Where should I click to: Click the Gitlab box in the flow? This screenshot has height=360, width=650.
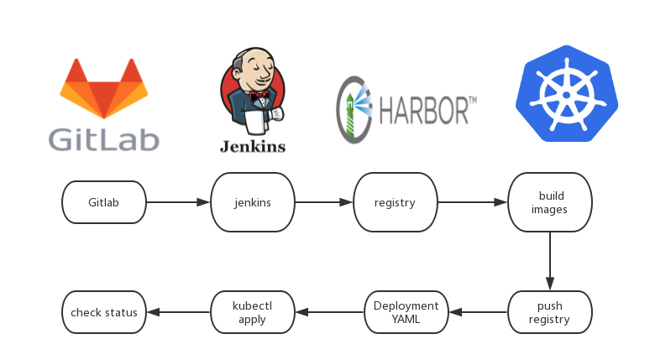104,202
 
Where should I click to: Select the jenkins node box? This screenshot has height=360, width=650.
252,202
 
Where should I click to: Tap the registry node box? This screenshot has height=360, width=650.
395,202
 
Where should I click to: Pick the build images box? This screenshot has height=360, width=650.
549,202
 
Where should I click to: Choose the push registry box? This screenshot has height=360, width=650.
549,312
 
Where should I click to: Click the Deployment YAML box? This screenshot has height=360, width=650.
406,312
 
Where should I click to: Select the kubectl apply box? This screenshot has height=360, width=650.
252,312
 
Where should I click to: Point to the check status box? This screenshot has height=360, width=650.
104,312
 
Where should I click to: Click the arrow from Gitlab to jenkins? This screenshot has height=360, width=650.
177,202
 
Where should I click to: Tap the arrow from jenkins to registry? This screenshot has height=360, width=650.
323,202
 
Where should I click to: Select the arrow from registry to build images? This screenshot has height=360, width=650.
472,202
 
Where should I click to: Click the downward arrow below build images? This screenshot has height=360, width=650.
549,261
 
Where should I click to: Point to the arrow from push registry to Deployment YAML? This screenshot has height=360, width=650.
478,312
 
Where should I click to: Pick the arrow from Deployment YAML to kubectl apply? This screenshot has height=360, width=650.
329,312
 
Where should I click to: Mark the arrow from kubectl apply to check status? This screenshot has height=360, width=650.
177,312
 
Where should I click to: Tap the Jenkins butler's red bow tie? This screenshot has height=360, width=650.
259,94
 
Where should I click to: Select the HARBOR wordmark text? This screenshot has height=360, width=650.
427,108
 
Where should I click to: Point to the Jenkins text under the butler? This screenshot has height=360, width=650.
252,146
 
